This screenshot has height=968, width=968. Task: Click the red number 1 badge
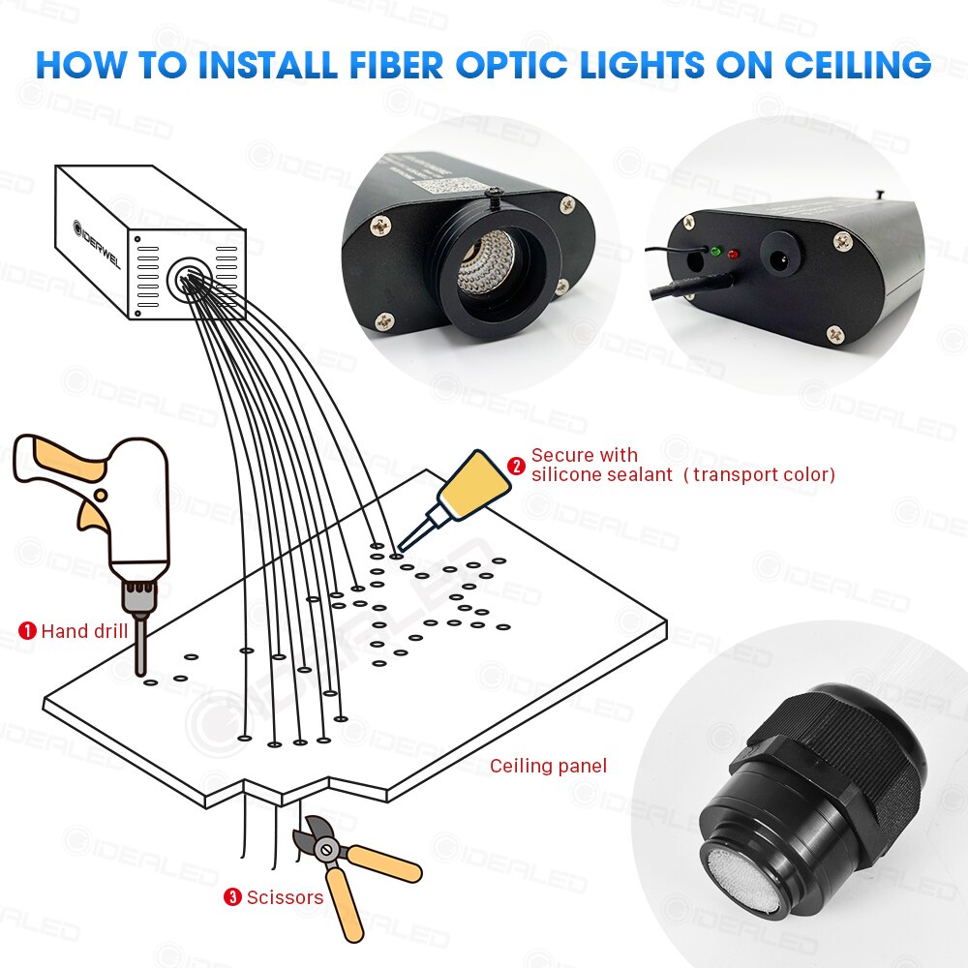click(x=28, y=631)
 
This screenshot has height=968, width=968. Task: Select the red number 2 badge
click(x=517, y=466)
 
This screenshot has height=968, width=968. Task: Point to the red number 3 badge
click(x=232, y=897)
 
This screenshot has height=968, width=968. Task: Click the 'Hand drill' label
click(x=84, y=632)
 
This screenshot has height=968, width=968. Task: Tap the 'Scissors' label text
click(x=285, y=897)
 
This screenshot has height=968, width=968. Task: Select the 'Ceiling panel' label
click(x=548, y=767)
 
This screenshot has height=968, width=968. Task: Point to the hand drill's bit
click(x=140, y=647)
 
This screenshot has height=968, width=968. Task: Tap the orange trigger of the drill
click(x=93, y=514)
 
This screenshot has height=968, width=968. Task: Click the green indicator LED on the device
click(x=715, y=252)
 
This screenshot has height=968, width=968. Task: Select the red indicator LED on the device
click(x=733, y=255)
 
